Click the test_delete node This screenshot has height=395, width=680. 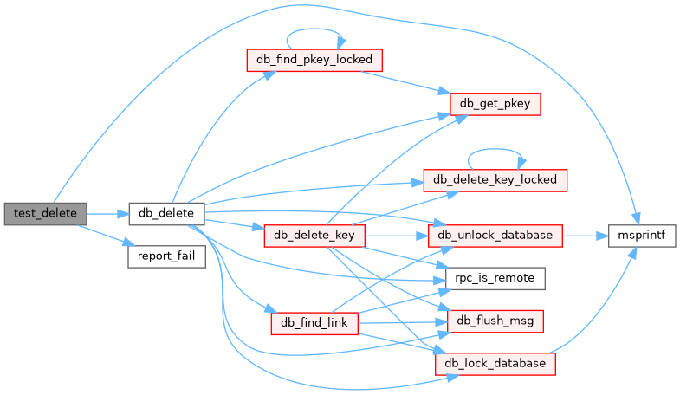point(45,212)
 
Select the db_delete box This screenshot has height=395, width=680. point(166,212)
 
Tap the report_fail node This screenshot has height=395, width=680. point(166,256)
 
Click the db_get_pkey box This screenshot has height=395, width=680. point(495,104)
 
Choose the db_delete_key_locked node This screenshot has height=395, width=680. point(495,180)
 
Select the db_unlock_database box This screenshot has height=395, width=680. point(495,235)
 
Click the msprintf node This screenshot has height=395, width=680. point(641,235)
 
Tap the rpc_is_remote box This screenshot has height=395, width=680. point(495,278)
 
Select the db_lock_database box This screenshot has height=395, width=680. point(495,364)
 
